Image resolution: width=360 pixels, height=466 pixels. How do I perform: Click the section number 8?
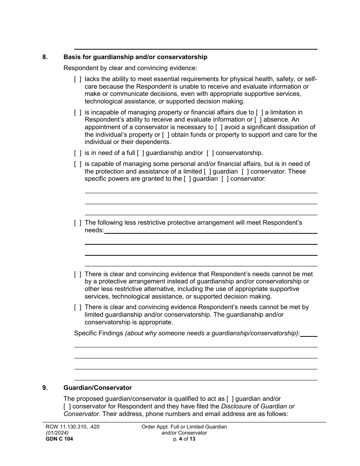coord(45,57)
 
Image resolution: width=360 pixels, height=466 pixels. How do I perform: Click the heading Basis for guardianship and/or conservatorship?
coord(135,57)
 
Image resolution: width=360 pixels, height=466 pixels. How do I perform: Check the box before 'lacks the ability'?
coord(77,79)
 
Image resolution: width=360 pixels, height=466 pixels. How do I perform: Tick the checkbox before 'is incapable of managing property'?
coord(77,113)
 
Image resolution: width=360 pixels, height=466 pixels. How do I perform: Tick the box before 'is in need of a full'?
coord(77,153)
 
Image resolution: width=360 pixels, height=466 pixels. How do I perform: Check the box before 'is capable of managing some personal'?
coord(77,164)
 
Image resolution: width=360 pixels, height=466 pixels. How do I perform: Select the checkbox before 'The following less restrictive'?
coord(77,223)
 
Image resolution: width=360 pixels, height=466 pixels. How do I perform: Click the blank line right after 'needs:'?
coord(210,231)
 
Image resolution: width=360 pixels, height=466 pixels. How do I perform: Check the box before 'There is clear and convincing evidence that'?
coord(77,274)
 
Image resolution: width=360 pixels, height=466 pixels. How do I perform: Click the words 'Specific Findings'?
coord(99,333)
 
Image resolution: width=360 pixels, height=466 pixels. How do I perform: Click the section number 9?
coord(45,388)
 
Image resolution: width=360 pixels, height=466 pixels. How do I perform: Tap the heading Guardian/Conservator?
coord(98,388)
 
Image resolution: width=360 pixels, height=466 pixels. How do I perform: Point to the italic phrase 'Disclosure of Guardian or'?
coord(258,407)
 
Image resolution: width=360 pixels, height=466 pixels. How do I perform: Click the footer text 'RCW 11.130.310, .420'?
coord(72,427)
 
